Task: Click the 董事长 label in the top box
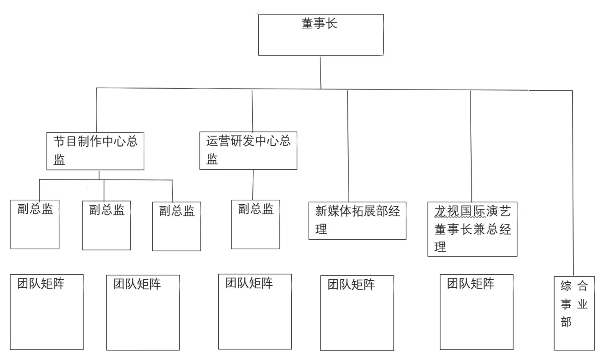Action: [x=319, y=23]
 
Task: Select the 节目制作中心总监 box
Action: [x=95, y=151]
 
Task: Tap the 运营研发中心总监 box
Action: [x=248, y=150]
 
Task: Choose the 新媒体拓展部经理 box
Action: [x=357, y=221]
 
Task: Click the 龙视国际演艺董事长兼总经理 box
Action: [x=472, y=229]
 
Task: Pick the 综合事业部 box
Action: [x=574, y=313]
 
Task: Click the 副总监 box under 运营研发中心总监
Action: [x=255, y=224]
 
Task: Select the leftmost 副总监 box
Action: [x=35, y=224]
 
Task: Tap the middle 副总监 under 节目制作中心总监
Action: [x=106, y=225]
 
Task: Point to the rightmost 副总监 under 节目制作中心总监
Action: [x=177, y=226]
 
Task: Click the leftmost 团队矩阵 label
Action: [x=41, y=284]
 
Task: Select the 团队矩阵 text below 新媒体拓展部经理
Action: [x=351, y=285]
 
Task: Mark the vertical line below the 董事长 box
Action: [x=320, y=72]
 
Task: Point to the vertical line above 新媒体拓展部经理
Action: [x=348, y=146]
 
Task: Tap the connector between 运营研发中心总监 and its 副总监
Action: [x=253, y=185]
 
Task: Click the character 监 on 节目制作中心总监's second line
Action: [x=59, y=160]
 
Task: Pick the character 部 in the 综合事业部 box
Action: [x=566, y=322]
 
